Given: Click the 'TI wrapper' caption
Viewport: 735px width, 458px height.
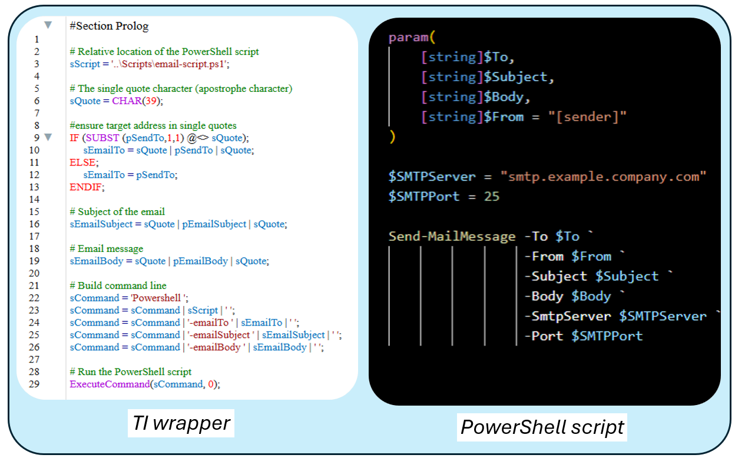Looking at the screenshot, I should (181, 423).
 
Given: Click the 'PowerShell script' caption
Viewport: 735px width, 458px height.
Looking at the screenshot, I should (542, 426).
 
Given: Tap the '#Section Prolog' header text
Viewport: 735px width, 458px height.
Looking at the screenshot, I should (109, 26).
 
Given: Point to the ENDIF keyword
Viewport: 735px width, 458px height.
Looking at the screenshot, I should (85, 187).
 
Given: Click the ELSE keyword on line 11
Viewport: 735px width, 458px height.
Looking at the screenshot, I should (82, 162).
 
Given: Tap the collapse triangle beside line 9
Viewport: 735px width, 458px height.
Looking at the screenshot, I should (48, 137).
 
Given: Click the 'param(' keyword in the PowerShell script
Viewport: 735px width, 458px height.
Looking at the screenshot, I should (411, 38).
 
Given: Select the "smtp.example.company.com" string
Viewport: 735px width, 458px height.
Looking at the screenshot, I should (603, 176).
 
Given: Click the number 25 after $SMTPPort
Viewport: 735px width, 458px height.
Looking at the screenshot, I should (491, 196).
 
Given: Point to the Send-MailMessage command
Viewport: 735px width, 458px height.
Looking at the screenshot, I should (452, 237).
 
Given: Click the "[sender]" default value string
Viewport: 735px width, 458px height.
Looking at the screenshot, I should (587, 117).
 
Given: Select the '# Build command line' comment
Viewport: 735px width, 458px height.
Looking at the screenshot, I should (118, 286).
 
